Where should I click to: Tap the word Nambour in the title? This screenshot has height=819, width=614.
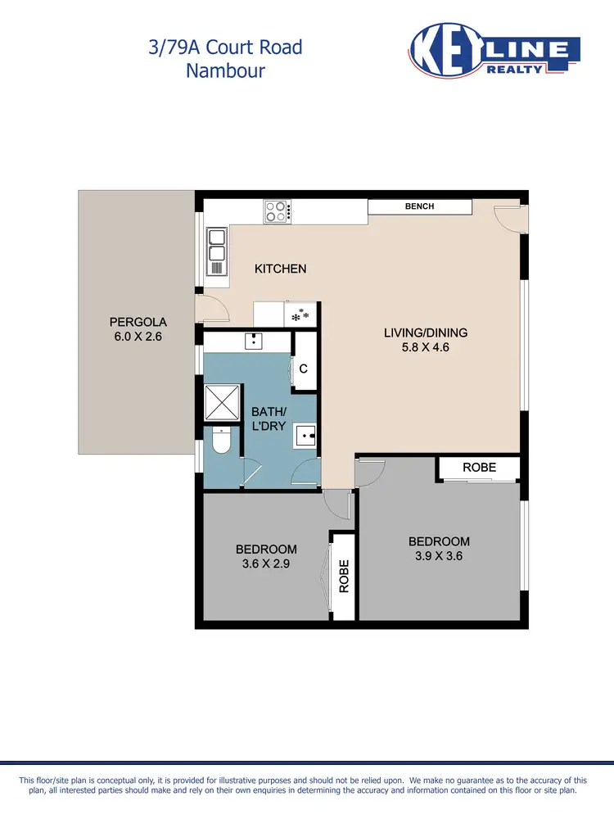(225, 70)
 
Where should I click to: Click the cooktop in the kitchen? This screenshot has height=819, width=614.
(278, 211)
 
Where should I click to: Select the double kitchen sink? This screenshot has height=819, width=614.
(216, 244)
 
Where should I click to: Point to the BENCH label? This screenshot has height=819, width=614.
(419, 206)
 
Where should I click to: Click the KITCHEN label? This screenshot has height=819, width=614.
(280, 269)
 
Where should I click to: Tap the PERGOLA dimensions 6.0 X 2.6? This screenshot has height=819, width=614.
(138, 336)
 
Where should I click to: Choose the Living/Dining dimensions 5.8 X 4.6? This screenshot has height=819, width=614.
(426, 347)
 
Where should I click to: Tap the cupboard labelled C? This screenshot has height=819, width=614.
(303, 369)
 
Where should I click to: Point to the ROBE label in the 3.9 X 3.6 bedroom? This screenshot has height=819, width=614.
(479, 468)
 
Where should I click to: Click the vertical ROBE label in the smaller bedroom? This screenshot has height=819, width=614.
(344, 576)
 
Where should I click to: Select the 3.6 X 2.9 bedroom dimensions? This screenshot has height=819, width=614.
(266, 563)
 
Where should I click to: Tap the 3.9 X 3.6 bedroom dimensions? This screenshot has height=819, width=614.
(439, 556)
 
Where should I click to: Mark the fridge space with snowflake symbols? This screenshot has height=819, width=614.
(300, 314)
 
